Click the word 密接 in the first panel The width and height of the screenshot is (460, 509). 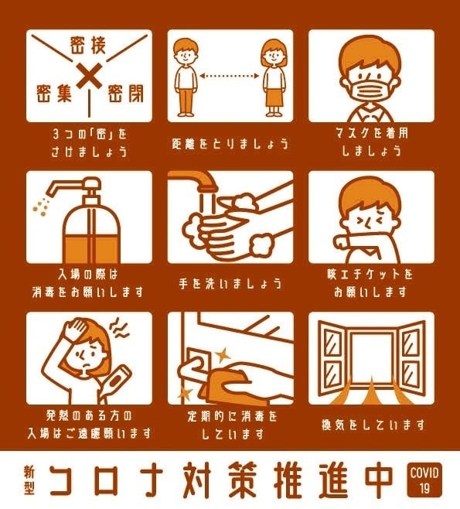(88, 46)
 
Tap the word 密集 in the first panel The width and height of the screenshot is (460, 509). (53, 93)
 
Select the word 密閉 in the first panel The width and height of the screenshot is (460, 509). (125, 93)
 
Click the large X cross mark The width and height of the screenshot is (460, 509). (89, 77)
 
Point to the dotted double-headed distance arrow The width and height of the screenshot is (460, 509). (230, 76)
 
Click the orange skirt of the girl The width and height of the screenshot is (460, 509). (274, 97)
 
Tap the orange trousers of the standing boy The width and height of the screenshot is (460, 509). (186, 100)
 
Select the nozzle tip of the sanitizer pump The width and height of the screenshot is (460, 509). (50, 192)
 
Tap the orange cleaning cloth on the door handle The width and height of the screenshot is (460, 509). (227, 383)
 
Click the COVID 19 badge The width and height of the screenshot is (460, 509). (424, 479)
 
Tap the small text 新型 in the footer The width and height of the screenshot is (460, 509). (29, 480)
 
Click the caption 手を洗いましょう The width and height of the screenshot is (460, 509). (230, 284)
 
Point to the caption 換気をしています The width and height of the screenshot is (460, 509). (373, 424)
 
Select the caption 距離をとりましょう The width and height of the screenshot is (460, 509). (230, 143)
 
